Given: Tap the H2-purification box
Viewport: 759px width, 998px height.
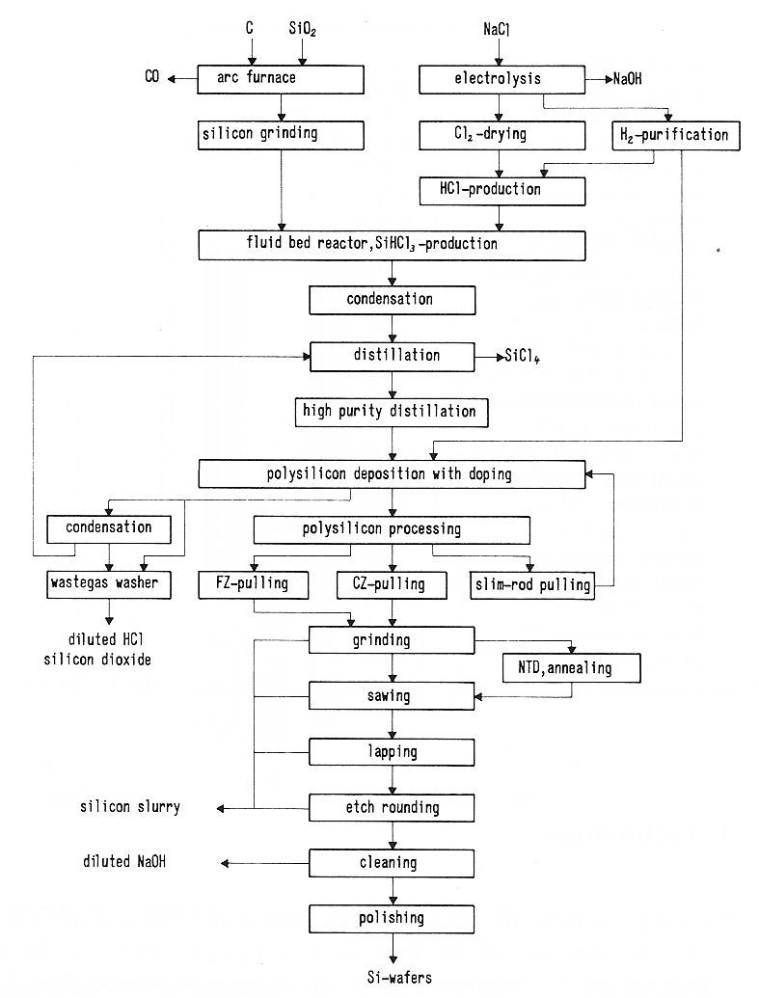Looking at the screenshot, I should click(x=676, y=135).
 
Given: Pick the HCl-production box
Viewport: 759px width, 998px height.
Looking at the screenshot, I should click(x=501, y=190).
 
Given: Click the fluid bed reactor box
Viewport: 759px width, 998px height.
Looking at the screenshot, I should click(x=392, y=245).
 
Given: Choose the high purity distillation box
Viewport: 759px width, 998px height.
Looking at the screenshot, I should click(x=392, y=413).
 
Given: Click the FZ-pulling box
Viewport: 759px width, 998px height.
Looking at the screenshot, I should click(x=253, y=583).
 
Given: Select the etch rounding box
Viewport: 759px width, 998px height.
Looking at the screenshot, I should click(x=392, y=806).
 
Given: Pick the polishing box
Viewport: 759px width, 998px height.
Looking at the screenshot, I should click(x=392, y=918).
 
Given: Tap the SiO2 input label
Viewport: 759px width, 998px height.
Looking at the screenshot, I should click(x=303, y=30).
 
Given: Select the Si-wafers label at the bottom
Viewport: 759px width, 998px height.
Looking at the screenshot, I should click(x=392, y=977).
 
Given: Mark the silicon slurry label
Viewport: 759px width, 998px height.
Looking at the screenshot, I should click(x=130, y=806).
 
